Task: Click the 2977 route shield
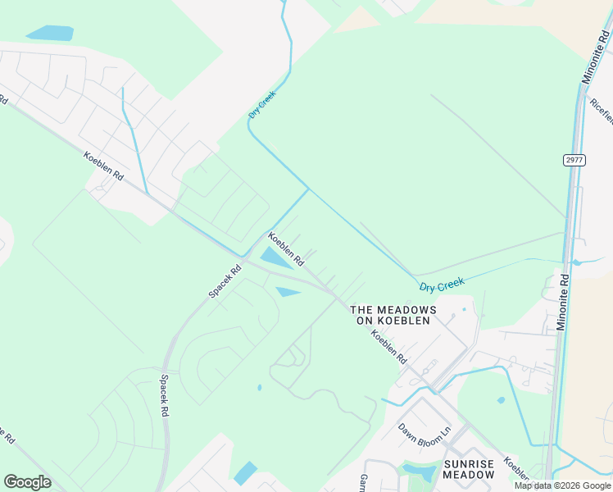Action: pos(574,160)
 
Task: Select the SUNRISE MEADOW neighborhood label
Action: pos(469,469)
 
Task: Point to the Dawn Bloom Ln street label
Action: pos(425,430)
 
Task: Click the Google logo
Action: pos(27,482)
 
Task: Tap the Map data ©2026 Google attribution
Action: pos(563,485)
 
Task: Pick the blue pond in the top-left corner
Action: pos(49,33)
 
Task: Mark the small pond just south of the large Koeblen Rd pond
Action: pos(288,291)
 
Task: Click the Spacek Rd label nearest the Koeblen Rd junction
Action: pos(225,280)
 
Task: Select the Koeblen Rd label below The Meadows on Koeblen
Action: pos(388,347)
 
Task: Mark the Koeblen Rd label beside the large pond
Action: pos(287,249)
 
